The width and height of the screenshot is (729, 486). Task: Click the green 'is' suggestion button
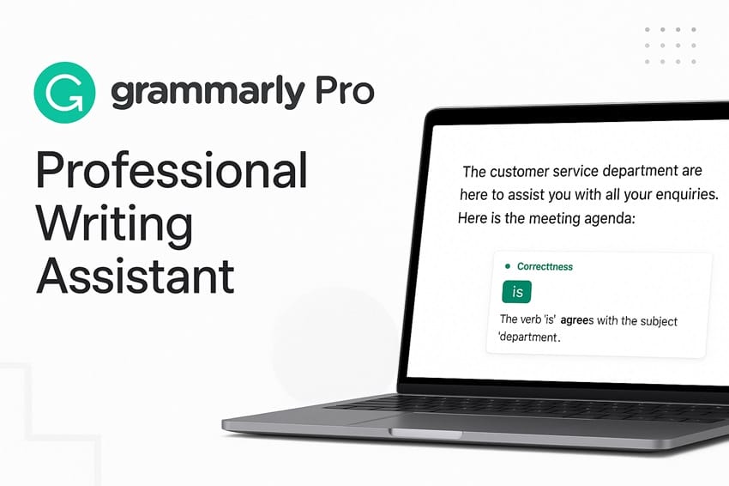click(517, 291)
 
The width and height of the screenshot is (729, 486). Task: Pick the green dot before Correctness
click(508, 266)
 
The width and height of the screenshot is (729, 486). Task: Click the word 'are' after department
click(690, 172)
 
